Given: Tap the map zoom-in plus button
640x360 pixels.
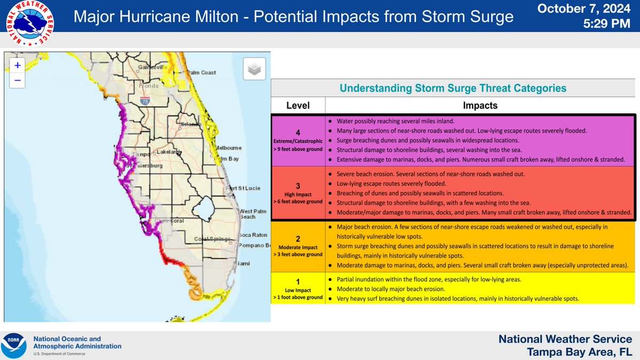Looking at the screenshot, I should click(18, 65).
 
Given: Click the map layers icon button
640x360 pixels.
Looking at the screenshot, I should click(254, 69).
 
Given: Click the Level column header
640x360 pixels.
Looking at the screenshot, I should click(298, 105).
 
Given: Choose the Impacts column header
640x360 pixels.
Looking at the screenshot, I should click(480, 105).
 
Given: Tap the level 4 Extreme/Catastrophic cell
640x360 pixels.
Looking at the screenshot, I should click(298, 140).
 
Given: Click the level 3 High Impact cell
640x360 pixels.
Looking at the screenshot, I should click(298, 193).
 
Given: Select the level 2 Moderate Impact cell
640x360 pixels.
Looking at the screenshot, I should click(298, 246).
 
